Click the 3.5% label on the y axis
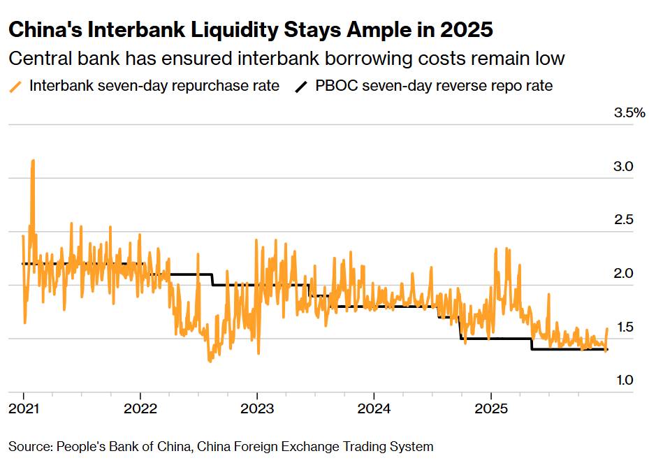click(629, 113)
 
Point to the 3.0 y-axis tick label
click(622, 167)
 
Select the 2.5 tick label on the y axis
click(622, 220)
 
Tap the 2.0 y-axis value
click(622, 273)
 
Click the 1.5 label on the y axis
click(622, 327)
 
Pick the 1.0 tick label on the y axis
click(622, 380)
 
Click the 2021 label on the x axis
click(23, 407)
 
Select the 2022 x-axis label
click(140, 407)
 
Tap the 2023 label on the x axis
click(257, 407)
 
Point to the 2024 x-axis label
click(374, 407)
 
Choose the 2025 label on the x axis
click(490, 407)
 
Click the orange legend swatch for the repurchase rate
click(15, 87)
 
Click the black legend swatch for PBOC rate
click(301, 87)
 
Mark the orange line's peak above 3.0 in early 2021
click(33, 161)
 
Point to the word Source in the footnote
click(31, 446)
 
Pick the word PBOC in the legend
click(335, 87)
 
